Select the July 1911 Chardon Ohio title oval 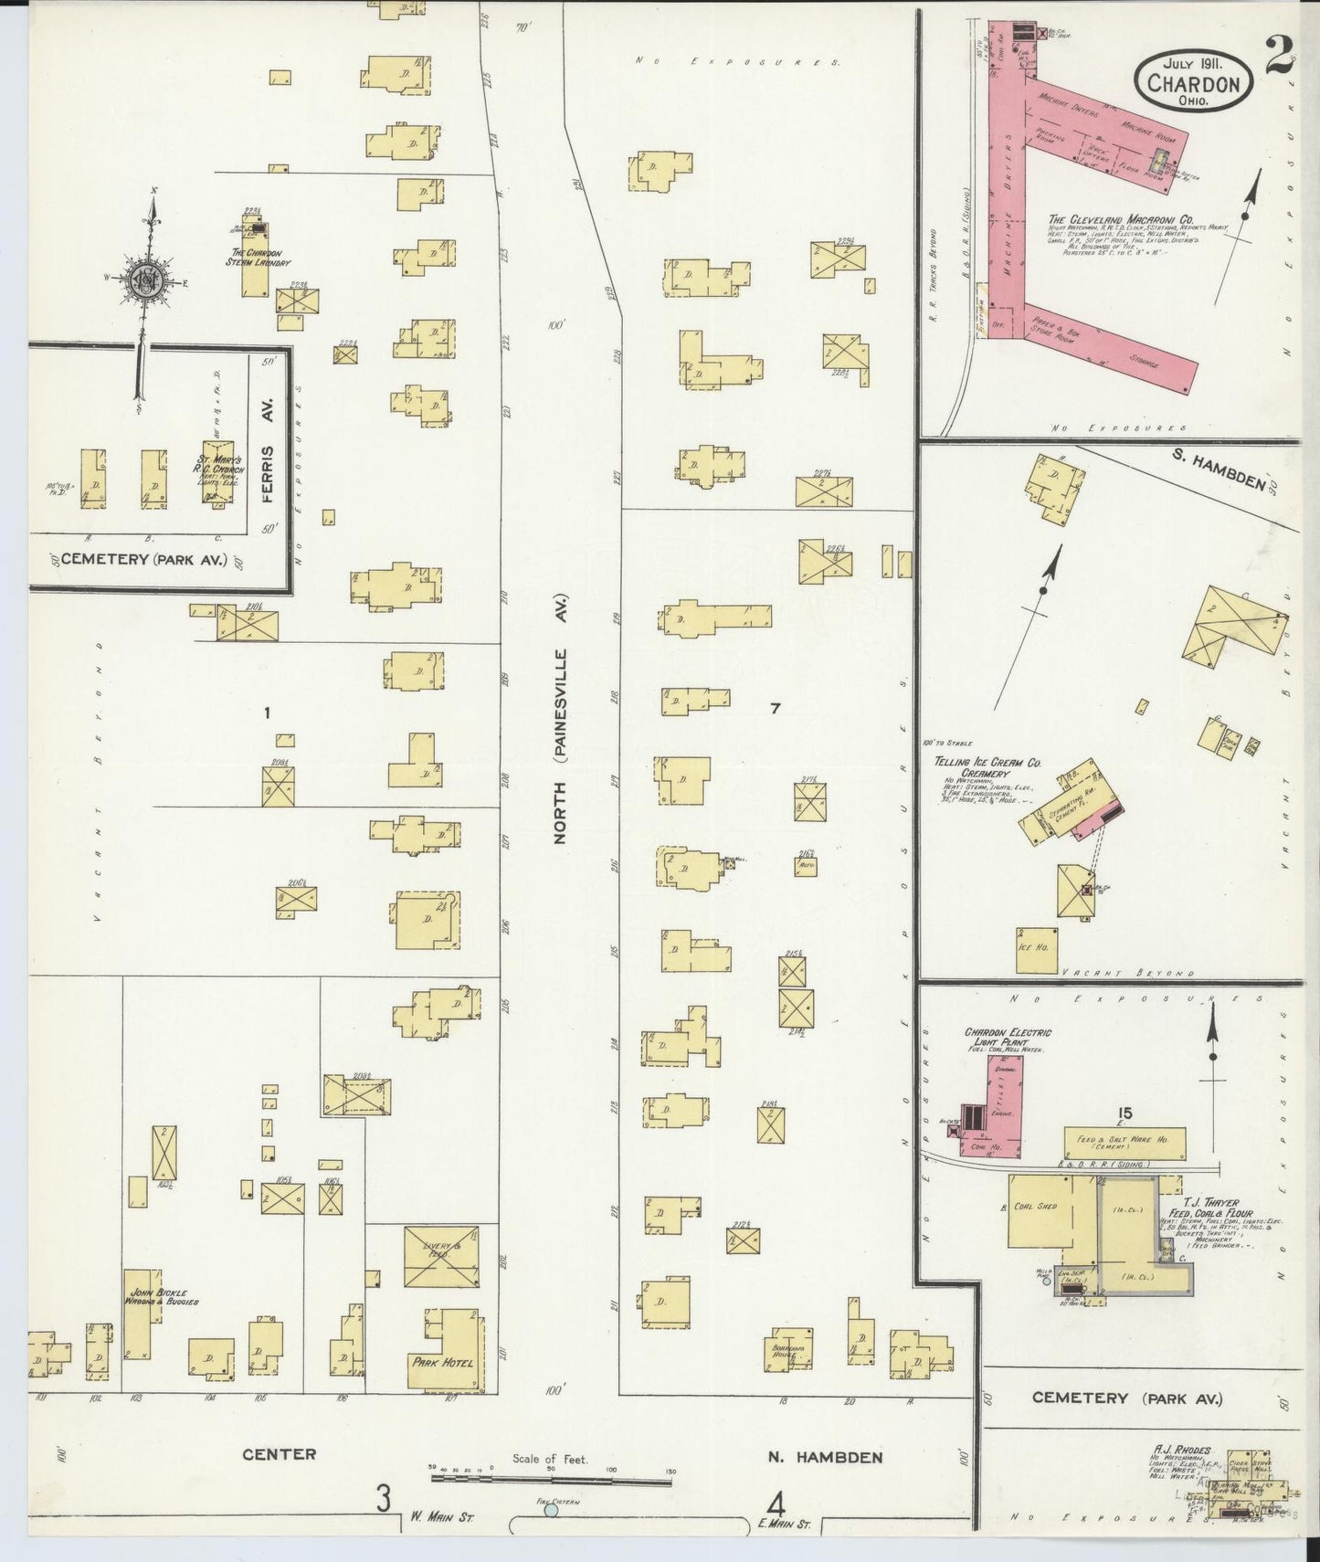(x=1192, y=82)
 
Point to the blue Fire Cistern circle (x=551, y=1511)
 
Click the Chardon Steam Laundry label (x=259, y=258)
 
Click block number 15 (x=1125, y=1113)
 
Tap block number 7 (x=775, y=709)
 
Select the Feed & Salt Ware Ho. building (x=1125, y=1143)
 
